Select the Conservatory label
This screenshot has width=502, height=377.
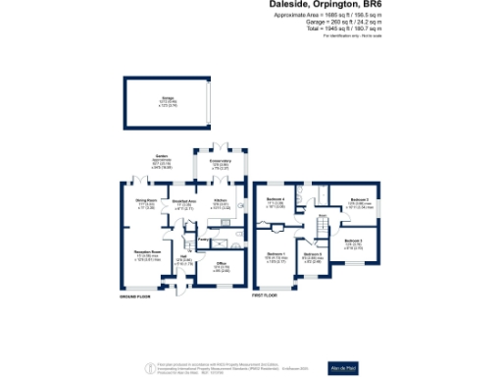tap(221, 161)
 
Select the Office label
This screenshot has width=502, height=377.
tap(222, 264)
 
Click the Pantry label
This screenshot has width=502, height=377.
tap(201, 239)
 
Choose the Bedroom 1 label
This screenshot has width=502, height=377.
tap(276, 257)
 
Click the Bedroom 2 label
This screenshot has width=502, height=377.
tap(359, 200)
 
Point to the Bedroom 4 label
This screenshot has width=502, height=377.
tap(276, 200)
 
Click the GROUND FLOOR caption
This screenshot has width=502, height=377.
tap(135, 296)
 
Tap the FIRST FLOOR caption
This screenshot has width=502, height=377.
tap(266, 296)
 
